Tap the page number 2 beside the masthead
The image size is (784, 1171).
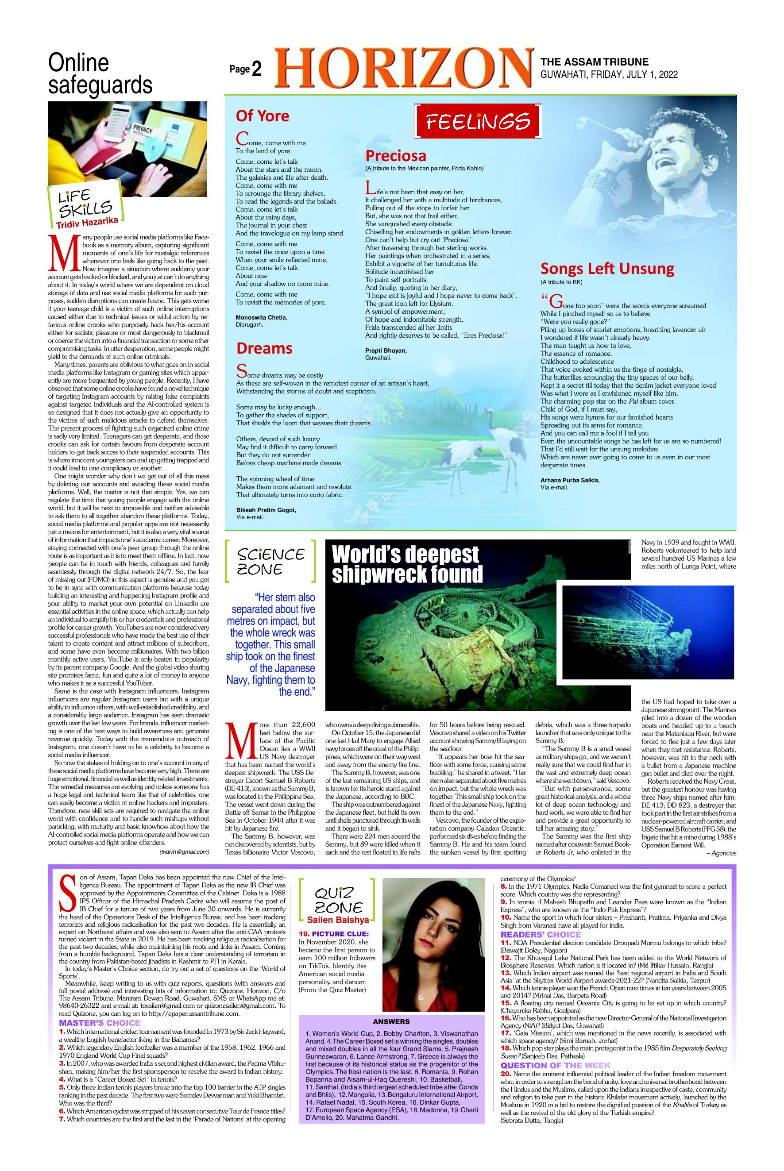[x=256, y=70]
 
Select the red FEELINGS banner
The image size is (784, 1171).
[x=478, y=121]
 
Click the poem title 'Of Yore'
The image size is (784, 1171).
[x=263, y=116]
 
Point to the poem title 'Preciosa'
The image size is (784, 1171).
[x=395, y=156]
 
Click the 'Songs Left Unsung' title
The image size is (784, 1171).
[x=607, y=269]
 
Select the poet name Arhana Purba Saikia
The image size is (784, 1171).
[x=569, y=480]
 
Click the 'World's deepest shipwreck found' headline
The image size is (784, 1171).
[x=406, y=564]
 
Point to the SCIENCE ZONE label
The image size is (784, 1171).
[x=270, y=561]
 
